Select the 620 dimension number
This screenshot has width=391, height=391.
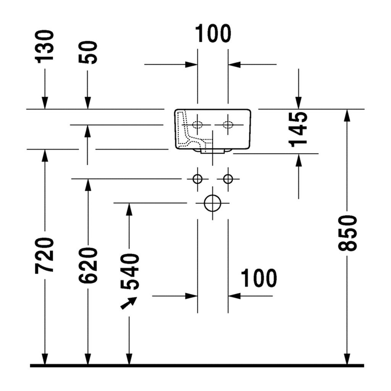click(x=87, y=265)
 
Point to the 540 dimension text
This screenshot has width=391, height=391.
click(x=129, y=271)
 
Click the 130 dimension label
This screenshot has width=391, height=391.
click(x=44, y=47)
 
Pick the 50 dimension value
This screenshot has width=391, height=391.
click(x=87, y=52)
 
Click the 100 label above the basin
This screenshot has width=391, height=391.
click(x=213, y=34)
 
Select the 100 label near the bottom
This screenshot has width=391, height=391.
click(x=259, y=278)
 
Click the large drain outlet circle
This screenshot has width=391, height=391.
click(x=212, y=203)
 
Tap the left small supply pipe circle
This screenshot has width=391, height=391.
click(x=197, y=179)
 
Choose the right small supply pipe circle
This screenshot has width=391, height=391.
click(x=228, y=179)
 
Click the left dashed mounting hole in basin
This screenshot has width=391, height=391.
click(x=197, y=124)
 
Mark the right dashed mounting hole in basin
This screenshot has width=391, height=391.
click(x=228, y=124)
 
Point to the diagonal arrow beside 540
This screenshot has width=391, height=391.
click(x=129, y=303)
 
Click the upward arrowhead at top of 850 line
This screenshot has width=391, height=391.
click(x=347, y=115)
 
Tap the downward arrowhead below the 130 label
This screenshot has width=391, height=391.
click(x=45, y=103)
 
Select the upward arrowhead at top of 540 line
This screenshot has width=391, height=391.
click(x=129, y=209)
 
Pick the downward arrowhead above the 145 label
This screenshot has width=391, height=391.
click(x=299, y=103)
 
